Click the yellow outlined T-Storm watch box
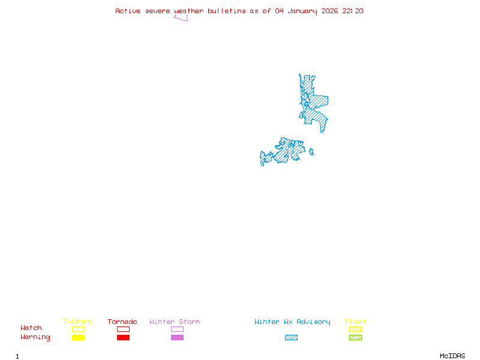(78, 329)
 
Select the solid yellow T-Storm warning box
(78, 338)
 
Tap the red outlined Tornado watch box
(123, 329)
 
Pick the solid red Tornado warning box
(123, 338)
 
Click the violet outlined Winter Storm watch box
(177, 329)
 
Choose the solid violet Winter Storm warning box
(177, 338)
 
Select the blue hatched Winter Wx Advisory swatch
(291, 338)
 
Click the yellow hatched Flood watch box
(355, 329)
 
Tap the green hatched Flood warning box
(355, 338)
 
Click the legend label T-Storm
(77, 322)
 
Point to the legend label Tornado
(122, 322)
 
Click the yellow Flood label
(355, 322)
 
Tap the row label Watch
(31, 328)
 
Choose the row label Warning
(35, 337)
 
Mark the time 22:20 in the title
(353, 11)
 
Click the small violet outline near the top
(181, 18)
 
